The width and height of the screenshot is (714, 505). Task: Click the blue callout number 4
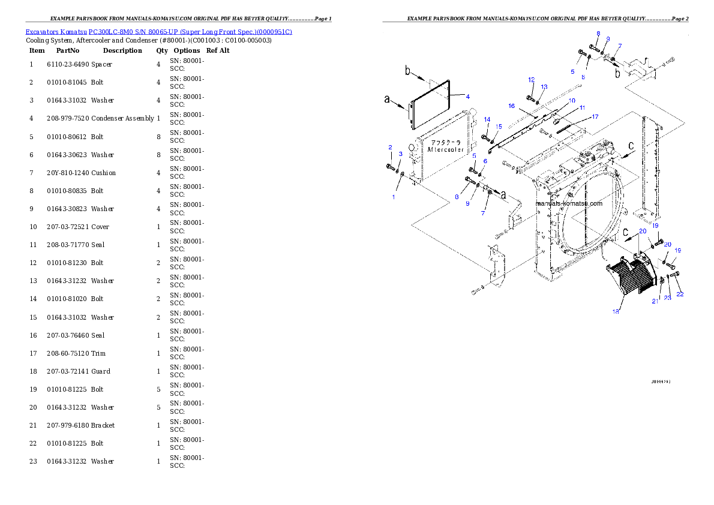coord(467,97)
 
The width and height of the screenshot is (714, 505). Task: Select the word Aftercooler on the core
coord(445,149)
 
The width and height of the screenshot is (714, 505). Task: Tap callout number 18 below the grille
coord(615,311)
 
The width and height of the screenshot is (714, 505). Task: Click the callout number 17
coord(595,116)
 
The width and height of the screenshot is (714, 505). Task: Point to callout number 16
coord(512,106)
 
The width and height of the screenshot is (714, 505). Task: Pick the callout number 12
coord(531,80)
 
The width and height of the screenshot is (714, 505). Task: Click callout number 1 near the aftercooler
coord(394,197)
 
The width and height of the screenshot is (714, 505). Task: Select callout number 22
coord(680,294)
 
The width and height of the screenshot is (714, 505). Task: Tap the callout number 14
coord(487,120)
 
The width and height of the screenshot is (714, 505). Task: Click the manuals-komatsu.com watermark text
coord(568,203)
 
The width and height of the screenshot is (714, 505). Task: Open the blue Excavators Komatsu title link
coord(158,32)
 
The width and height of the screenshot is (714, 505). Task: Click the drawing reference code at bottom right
coord(660,381)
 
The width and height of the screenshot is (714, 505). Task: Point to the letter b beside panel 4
coord(407,72)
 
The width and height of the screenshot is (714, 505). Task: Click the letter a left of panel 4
coord(387,100)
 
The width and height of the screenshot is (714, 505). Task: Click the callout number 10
coord(572,100)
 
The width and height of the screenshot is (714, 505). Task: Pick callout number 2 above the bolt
coord(390,147)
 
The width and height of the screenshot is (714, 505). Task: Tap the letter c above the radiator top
coord(630,145)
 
